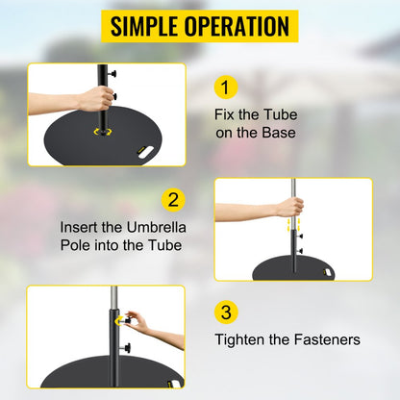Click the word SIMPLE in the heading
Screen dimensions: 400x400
click(148, 25)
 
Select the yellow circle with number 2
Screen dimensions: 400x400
click(173, 201)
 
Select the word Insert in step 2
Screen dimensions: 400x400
click(82, 227)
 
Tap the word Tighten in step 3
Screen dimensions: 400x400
click(242, 338)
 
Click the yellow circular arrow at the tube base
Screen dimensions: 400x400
click(98, 133)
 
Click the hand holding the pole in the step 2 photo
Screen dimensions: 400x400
click(291, 206)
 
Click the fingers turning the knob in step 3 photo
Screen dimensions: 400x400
click(136, 320)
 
